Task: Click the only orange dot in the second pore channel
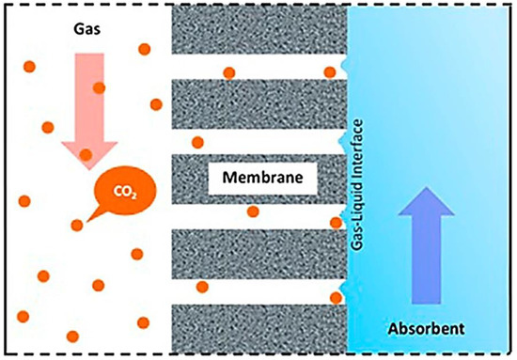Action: pos(197,143)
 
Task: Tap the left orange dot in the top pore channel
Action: pos(228,72)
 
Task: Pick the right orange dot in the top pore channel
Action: pos(330,72)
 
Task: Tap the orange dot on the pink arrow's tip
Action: pos(86,154)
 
